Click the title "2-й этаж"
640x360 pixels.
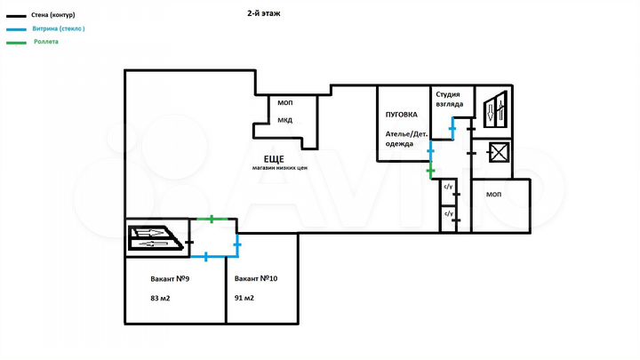tap(264, 15)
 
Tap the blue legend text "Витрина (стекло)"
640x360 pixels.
tap(58, 28)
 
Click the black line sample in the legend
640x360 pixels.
tap(15, 16)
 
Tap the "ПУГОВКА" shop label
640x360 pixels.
tap(402, 115)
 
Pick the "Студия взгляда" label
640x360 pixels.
tap(449, 99)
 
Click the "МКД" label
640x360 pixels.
tap(284, 120)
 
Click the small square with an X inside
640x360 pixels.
tap(498, 153)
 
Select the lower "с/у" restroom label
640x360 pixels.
tap(449, 214)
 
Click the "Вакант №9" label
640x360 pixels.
tap(172, 278)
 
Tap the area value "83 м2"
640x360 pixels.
tap(161, 299)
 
